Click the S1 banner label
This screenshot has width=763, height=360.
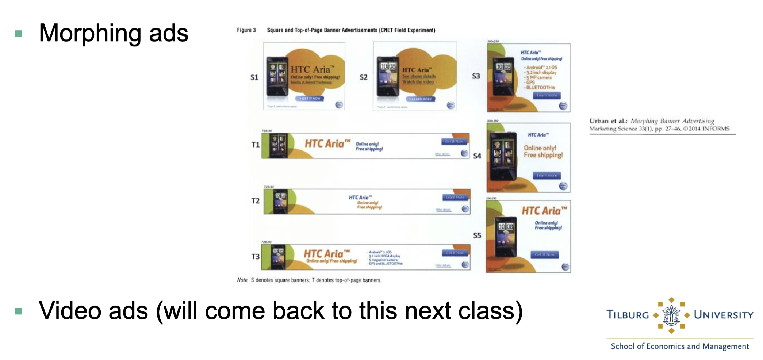point(254,77)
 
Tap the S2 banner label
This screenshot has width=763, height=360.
point(363,77)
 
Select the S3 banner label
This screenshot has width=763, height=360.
point(476,76)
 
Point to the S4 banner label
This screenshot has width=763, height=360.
point(477,156)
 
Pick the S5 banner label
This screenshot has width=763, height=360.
point(477,236)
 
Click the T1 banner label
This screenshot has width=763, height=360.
point(255,145)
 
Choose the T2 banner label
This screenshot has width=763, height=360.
point(255,201)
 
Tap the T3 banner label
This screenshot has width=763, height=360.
point(255,257)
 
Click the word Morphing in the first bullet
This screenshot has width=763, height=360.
point(90,34)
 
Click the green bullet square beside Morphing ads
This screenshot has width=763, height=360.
point(19,34)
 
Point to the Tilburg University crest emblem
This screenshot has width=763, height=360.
point(671,315)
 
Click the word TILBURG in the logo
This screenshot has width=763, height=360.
point(628,315)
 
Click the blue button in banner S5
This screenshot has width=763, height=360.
point(544,254)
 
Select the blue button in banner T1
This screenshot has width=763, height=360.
point(454,141)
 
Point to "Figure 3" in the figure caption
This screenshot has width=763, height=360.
point(246,30)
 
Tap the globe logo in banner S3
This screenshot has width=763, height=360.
point(563,106)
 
